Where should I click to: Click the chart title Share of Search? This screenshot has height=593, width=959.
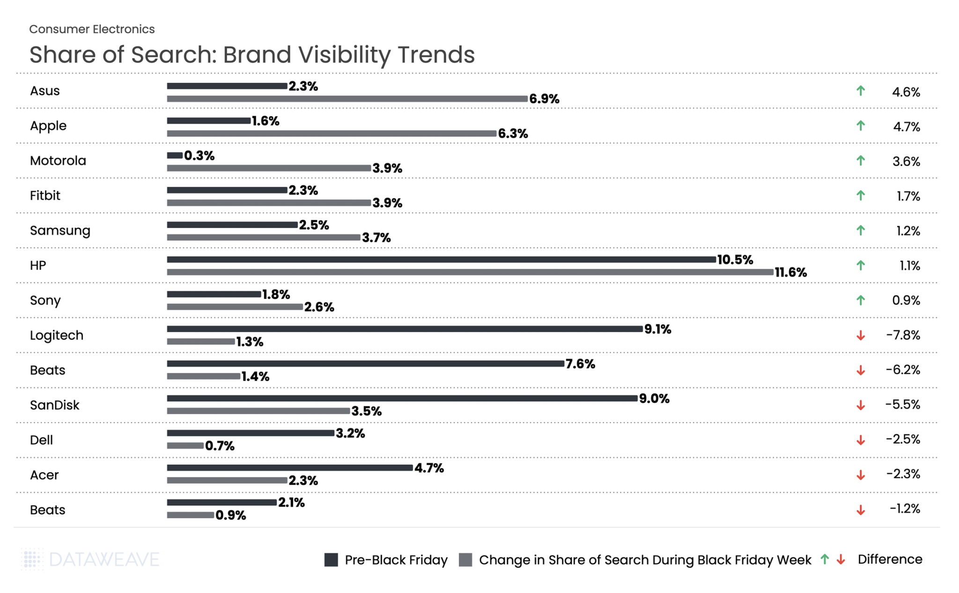coord(252,54)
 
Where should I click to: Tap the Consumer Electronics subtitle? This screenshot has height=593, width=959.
coord(92,29)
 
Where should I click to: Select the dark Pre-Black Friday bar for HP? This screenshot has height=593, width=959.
coord(441,259)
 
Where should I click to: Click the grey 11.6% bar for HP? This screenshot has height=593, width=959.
coord(470,272)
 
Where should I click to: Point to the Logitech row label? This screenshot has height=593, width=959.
coord(57,335)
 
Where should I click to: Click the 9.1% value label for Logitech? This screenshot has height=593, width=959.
coord(657,329)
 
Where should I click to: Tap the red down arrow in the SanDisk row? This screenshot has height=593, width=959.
coord(861,405)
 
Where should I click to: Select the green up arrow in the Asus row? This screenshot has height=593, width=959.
coord(861,91)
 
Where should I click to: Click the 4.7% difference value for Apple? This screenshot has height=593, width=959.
coord(906,127)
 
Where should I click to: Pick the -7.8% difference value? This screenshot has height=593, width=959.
coord(903,335)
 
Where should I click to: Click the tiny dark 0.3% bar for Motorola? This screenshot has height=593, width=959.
coord(175,156)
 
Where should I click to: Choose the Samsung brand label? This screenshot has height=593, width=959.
coord(60,230)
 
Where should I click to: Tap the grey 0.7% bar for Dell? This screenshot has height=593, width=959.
coord(185,445)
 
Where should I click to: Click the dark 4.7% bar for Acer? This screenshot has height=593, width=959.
coord(289,467)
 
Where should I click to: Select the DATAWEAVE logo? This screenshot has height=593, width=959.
coord(90,559)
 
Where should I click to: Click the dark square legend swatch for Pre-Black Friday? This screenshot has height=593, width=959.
coord(331,560)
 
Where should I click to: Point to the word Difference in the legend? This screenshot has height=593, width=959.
coord(890,559)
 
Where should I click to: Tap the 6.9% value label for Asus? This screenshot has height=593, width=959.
coord(544,99)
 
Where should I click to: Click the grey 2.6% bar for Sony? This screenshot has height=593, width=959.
coord(235,307)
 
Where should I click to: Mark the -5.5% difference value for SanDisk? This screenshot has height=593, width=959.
coord(902,405)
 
